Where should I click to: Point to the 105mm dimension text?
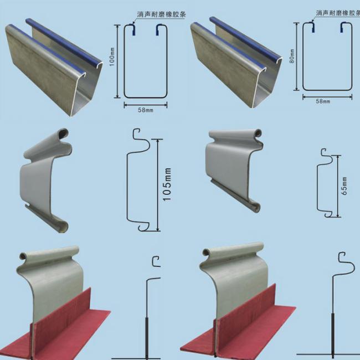168,185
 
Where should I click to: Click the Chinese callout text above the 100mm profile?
158,16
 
